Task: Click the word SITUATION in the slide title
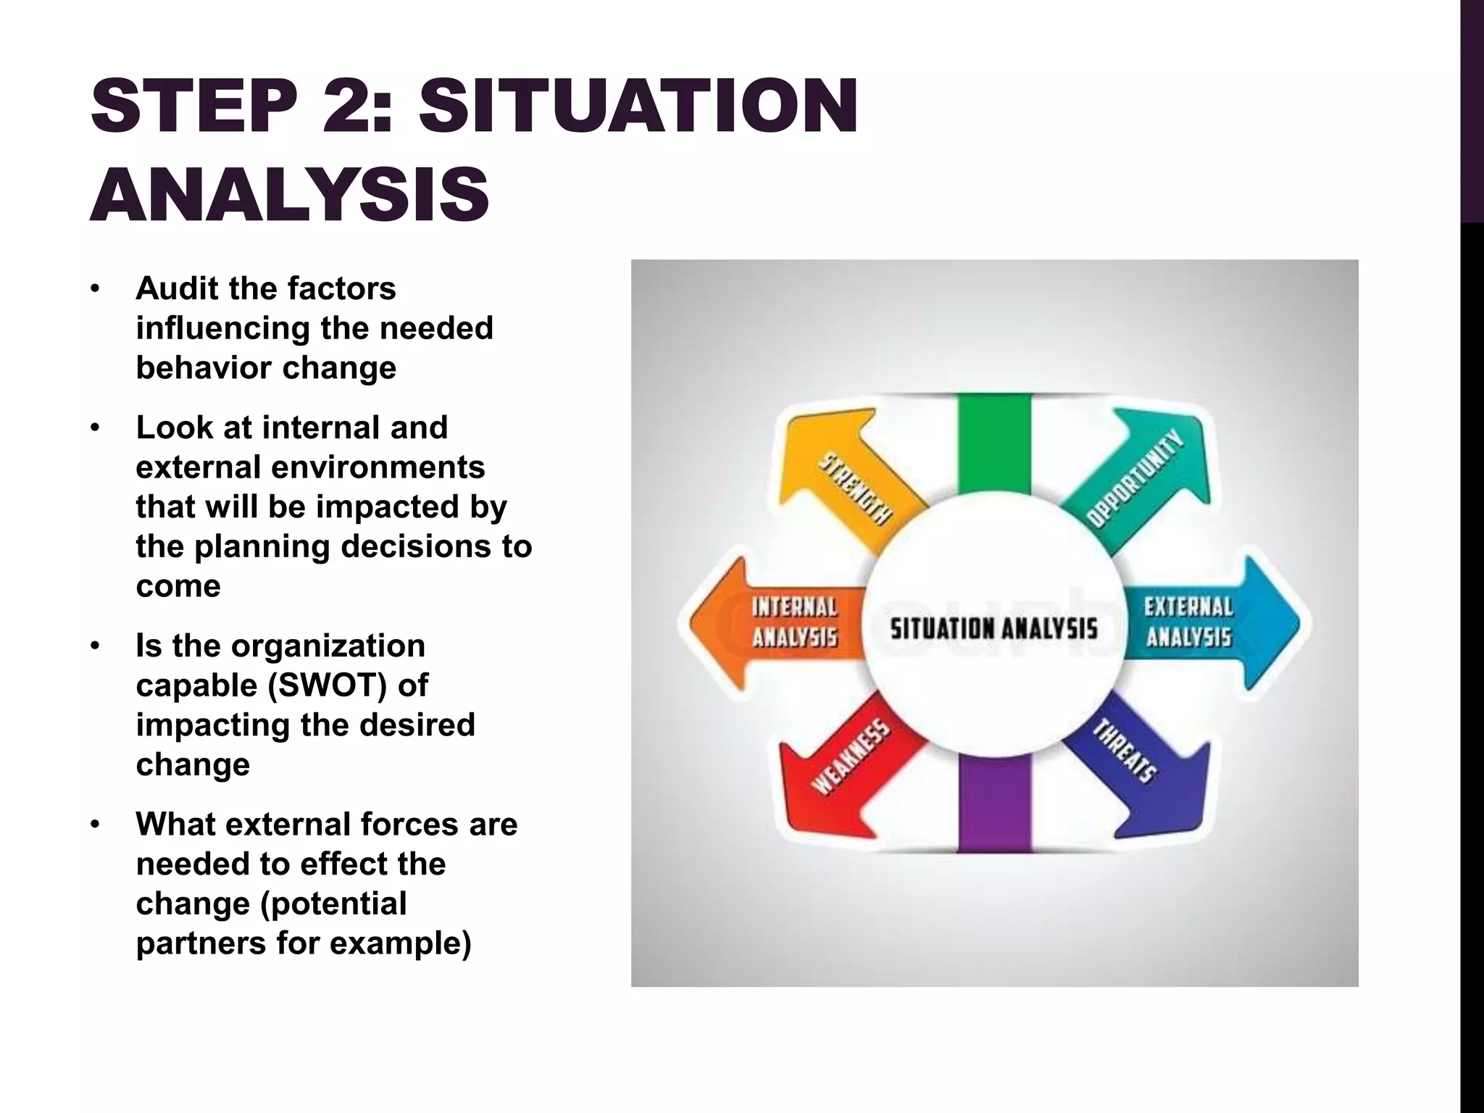[x=638, y=107]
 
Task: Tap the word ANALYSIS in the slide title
[x=290, y=194]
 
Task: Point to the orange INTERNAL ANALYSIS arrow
[x=775, y=622]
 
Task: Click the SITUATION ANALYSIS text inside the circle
[x=993, y=628]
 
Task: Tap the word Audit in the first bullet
[x=176, y=288]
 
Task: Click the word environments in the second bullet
[x=378, y=467]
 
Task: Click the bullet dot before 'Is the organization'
[x=94, y=646]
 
